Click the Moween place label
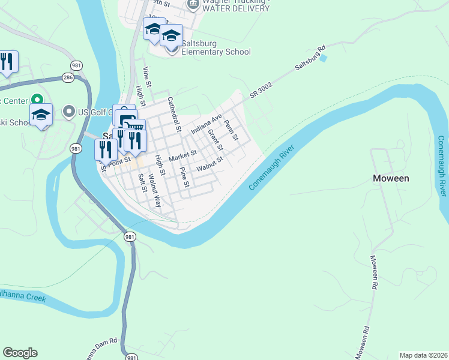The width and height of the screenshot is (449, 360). click(x=391, y=178)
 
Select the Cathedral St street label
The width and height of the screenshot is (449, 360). click(x=174, y=114)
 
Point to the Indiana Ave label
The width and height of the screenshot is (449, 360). click(x=206, y=123)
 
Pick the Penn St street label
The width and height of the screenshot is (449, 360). click(x=231, y=130)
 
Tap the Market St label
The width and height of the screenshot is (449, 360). click(x=183, y=157)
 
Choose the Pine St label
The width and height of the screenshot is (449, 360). click(x=184, y=178)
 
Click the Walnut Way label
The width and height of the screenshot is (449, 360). click(x=155, y=190)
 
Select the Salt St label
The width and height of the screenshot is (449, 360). click(x=143, y=182)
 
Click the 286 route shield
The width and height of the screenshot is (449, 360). click(x=68, y=77)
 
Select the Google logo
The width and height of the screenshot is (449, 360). click(x=20, y=353)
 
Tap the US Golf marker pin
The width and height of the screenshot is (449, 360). click(x=68, y=112)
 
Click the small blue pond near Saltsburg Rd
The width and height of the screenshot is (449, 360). click(x=324, y=58)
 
